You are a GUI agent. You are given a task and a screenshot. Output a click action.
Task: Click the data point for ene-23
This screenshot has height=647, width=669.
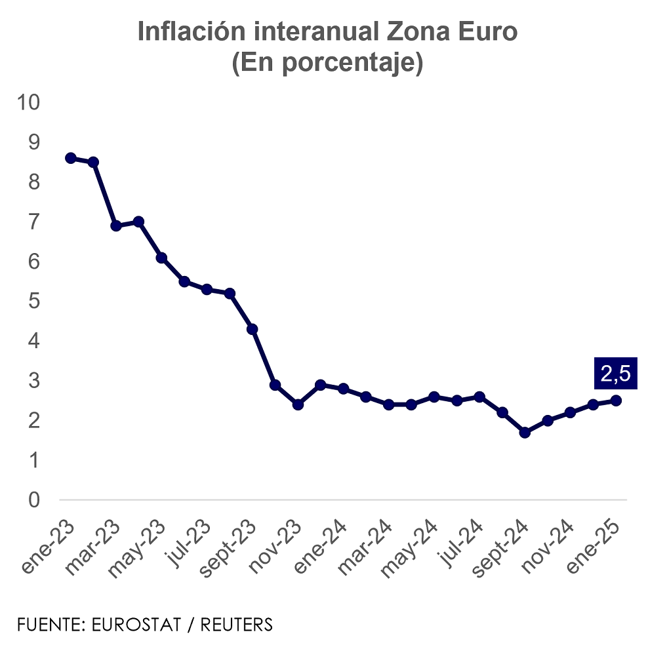pyautogui.click(x=71, y=158)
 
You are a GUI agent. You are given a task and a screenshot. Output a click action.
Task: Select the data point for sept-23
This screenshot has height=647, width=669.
pyautogui.click(x=252, y=329)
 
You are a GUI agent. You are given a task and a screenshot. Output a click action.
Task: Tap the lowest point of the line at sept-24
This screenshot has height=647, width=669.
pyautogui.click(x=524, y=433)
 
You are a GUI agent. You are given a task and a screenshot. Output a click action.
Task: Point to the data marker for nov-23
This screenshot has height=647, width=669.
pyautogui.click(x=298, y=404)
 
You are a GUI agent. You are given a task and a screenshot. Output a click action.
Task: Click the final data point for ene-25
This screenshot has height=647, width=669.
pyautogui.click(x=616, y=401)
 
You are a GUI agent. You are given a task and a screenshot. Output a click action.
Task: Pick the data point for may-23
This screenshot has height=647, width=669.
pyautogui.click(x=161, y=258)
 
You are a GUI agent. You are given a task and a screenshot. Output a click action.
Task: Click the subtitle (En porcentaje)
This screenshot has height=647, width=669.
pyautogui.click(x=327, y=64)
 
